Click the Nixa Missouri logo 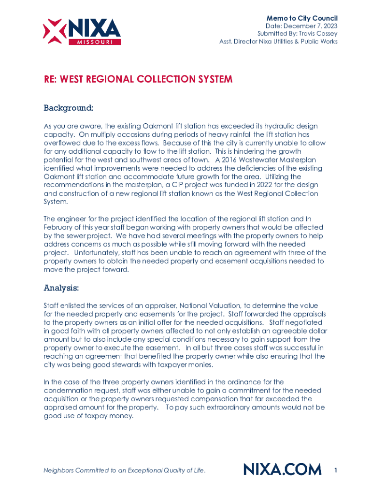click(x=82, y=31)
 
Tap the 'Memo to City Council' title click(x=302, y=18)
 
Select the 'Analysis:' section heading click(x=61, y=288)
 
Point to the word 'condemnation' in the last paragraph click(x=67, y=391)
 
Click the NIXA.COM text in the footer click(x=282, y=469)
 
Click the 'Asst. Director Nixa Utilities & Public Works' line click(x=278, y=42)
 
